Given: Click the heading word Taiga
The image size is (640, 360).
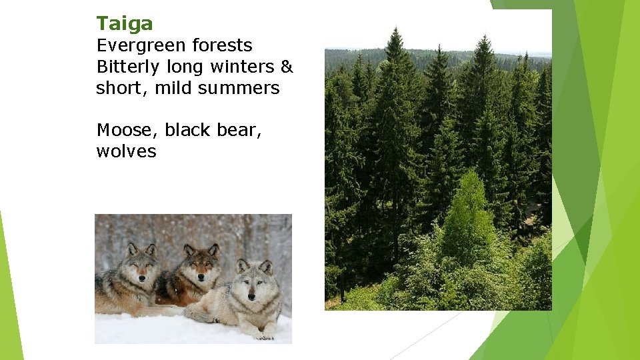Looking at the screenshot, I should click(x=125, y=24).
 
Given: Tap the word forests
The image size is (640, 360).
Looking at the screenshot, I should click(x=222, y=46).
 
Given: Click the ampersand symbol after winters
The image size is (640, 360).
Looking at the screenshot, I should click(x=287, y=67).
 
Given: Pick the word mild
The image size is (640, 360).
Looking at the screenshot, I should click(x=179, y=88).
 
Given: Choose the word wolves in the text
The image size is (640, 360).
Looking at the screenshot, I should click(x=126, y=151).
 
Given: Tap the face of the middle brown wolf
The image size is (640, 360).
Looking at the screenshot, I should click(x=201, y=267).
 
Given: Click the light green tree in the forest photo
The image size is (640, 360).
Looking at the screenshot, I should click(x=471, y=213).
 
